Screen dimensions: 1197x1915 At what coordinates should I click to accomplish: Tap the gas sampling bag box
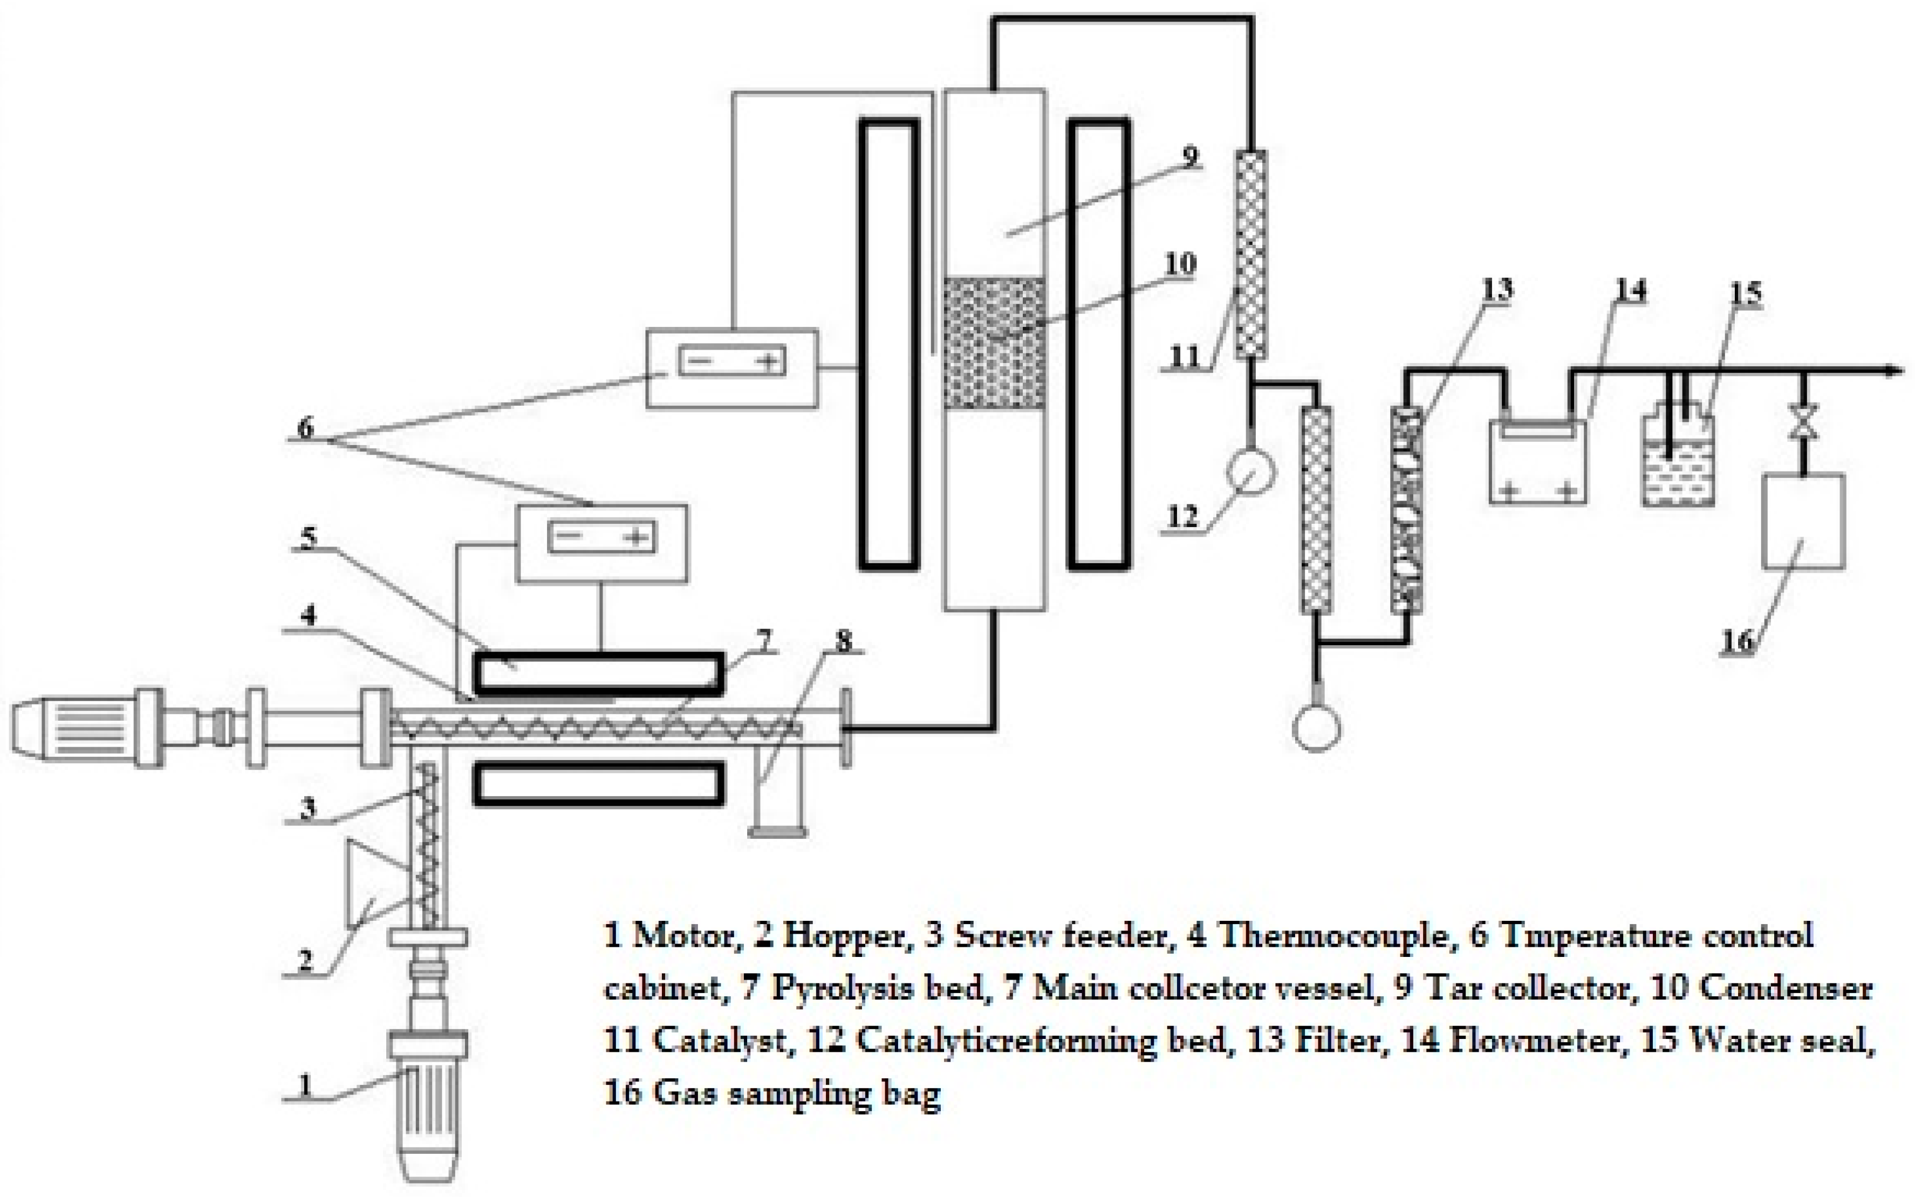pyautogui.click(x=1803, y=521)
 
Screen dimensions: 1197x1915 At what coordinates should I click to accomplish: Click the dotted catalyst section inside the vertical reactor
pyautogui.click(x=994, y=342)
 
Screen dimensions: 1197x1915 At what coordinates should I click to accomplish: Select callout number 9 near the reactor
pyautogui.click(x=1190, y=156)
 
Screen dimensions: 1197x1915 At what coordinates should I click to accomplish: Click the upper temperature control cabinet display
pyautogui.click(x=732, y=362)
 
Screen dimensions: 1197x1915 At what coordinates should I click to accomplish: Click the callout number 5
pyautogui.click(x=308, y=539)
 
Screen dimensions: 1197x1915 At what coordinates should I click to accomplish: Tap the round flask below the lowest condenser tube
pyautogui.click(x=1317, y=728)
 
